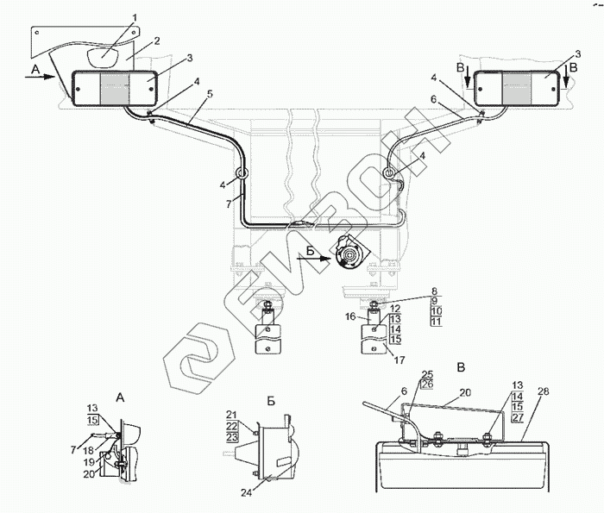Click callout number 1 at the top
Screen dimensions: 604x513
point(134,17)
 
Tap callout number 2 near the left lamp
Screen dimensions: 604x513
point(157,40)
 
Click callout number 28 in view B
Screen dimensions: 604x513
point(543,392)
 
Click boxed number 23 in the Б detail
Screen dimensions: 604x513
point(232,438)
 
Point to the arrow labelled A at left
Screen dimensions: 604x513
point(36,75)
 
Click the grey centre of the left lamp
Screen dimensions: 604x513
point(115,89)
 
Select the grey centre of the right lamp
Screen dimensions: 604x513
point(518,88)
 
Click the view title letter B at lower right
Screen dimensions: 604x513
point(460,366)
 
